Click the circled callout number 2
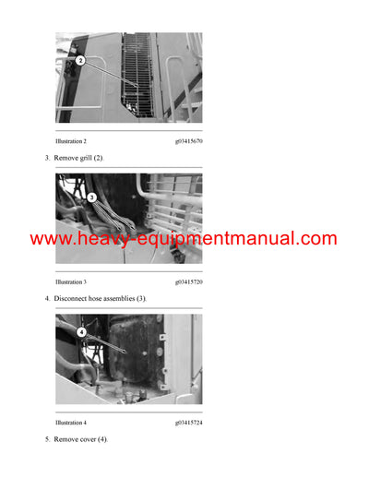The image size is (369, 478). click(x=80, y=61)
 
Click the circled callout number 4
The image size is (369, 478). click(x=81, y=331)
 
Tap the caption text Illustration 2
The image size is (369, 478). click(x=71, y=141)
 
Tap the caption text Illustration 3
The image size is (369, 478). click(x=71, y=281)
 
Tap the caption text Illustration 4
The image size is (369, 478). click(x=71, y=422)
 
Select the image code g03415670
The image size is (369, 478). click(x=188, y=141)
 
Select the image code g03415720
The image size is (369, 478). click(x=188, y=281)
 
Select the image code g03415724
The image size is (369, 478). click(x=188, y=422)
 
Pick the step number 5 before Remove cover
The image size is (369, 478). click(x=47, y=439)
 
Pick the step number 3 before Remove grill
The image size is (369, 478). click(x=47, y=159)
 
